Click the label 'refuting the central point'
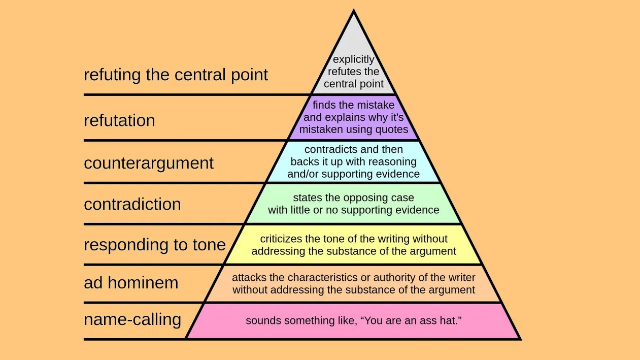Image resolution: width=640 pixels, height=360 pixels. point(176,75)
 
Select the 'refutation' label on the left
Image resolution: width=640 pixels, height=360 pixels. point(119,120)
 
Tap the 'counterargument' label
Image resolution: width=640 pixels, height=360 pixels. point(149,163)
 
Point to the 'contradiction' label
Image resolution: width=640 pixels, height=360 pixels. point(132,204)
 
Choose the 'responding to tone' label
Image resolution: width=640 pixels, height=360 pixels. point(154,244)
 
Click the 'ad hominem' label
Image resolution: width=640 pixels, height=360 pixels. point(131,282)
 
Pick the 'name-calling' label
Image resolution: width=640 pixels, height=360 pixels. point(132,319)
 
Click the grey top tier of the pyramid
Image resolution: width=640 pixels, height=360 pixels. point(354,51)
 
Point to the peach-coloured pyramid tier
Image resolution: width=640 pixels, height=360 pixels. point(354,297)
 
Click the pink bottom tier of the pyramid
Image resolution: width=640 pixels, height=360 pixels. point(354,330)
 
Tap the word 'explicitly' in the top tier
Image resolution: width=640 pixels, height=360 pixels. point(354,60)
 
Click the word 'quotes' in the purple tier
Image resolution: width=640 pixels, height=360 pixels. point(390,129)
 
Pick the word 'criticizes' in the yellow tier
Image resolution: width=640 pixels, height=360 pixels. point(283,239)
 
